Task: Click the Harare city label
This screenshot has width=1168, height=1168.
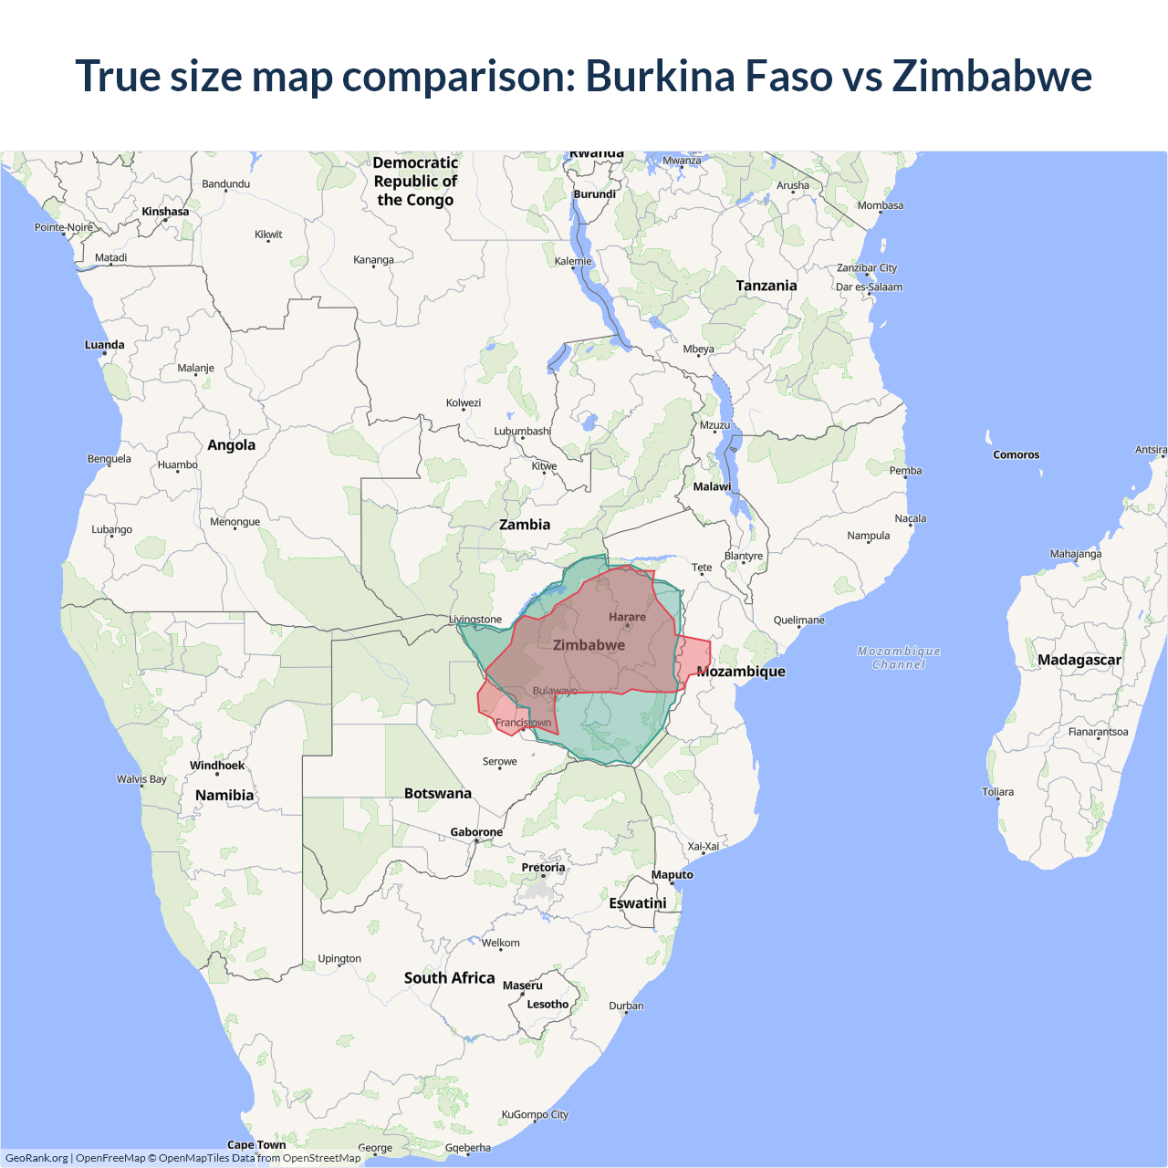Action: (627, 617)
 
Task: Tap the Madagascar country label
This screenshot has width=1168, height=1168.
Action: (1079, 660)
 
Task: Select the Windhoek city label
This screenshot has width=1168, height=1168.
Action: (217, 766)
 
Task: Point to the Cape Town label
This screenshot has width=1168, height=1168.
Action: (256, 1144)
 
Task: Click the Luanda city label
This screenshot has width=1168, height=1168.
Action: (105, 345)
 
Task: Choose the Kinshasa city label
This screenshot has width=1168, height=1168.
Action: (165, 212)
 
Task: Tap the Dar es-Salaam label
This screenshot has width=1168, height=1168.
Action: (869, 287)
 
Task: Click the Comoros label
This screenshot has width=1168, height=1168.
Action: (1016, 454)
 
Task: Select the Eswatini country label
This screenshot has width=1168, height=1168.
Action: (638, 903)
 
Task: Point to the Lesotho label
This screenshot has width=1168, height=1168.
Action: (547, 1005)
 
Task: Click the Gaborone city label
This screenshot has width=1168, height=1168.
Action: (476, 832)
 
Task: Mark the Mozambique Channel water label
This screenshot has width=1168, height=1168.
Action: (899, 658)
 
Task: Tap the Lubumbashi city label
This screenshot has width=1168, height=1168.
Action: (523, 431)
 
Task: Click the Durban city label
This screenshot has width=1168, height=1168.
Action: (626, 1006)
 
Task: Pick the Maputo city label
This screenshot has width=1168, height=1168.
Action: (673, 874)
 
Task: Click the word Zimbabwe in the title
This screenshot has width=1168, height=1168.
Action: (992, 76)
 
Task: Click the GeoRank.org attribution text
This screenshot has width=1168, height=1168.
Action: (36, 1158)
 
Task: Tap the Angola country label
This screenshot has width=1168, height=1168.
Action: (231, 445)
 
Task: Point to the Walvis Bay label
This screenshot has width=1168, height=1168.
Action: (141, 779)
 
